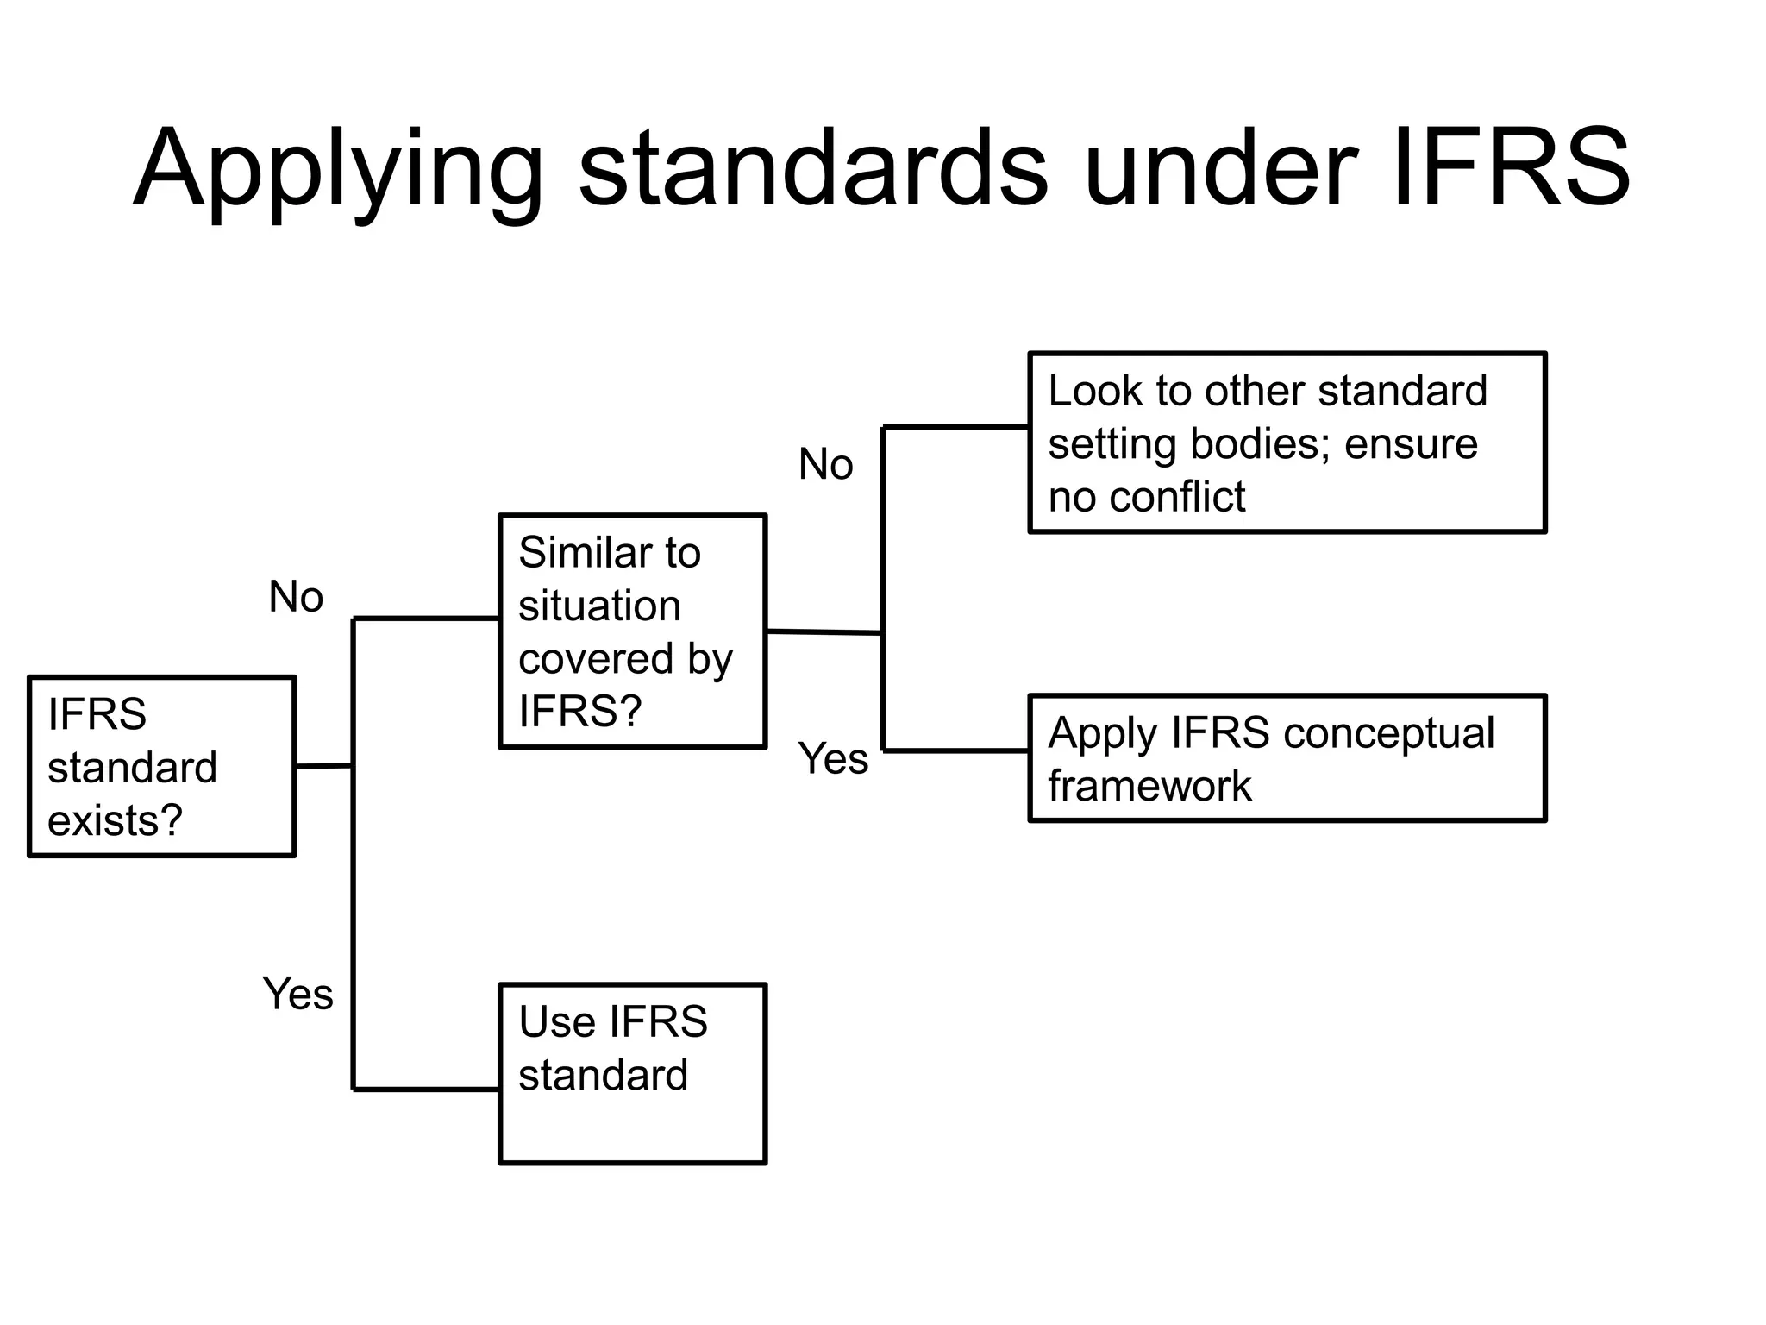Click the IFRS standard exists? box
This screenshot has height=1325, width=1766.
(x=162, y=766)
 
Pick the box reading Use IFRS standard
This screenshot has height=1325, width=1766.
(x=632, y=1073)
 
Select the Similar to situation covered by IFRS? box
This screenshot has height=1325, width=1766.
(x=632, y=631)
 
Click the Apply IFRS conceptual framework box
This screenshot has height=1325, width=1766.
(x=1287, y=757)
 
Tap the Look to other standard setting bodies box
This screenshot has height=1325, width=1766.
(x=1287, y=442)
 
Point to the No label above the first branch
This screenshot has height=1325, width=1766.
(x=296, y=596)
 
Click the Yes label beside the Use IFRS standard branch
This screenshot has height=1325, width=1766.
(x=297, y=994)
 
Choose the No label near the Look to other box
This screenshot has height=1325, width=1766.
(x=825, y=464)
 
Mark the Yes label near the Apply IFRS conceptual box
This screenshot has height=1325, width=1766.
(x=833, y=758)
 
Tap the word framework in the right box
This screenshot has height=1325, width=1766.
(x=1149, y=786)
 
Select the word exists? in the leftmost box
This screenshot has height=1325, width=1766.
(x=115, y=819)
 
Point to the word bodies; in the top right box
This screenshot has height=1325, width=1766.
(x=1259, y=444)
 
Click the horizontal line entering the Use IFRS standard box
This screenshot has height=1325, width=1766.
(x=426, y=1090)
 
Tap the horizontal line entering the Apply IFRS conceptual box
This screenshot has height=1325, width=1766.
(x=955, y=750)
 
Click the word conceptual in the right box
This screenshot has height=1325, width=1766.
(x=1388, y=733)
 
